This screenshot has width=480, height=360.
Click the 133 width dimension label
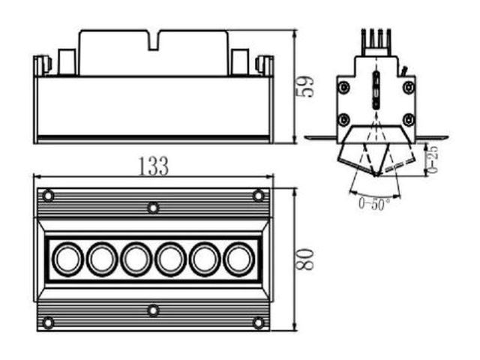pyautogui.click(x=153, y=166)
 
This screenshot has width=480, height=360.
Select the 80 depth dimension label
pyautogui.click(x=304, y=259)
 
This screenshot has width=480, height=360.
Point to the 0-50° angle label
pyautogui.click(x=375, y=204)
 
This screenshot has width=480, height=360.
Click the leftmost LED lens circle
pyautogui.click(x=67, y=259)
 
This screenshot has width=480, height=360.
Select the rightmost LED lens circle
pyautogui.click(x=239, y=259)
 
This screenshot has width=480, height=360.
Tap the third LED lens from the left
pyautogui.click(x=136, y=259)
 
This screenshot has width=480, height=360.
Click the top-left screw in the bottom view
pyautogui.click(x=48, y=195)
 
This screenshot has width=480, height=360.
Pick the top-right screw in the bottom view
pyautogui.click(x=258, y=195)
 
